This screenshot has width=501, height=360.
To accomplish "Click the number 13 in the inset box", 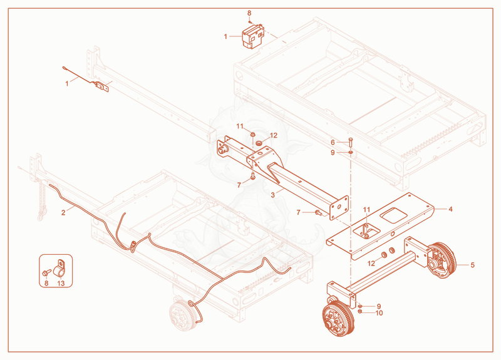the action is [61, 283].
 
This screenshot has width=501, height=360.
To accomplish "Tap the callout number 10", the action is [379, 312].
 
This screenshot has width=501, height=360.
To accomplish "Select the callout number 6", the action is [333, 142].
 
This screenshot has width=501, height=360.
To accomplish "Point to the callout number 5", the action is [473, 265].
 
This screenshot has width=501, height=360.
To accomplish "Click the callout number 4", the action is [450, 209].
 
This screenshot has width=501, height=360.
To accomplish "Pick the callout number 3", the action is [272, 195].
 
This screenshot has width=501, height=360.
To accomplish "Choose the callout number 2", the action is [63, 212].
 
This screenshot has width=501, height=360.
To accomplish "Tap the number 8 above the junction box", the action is [249, 13].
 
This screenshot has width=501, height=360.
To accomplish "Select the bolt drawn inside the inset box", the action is [46, 272].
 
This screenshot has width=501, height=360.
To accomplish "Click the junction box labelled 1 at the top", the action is [253, 36].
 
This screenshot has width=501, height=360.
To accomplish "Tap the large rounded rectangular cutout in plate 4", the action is [394, 215].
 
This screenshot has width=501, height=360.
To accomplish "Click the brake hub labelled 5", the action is [442, 260].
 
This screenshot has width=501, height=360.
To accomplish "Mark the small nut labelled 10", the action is [359, 311].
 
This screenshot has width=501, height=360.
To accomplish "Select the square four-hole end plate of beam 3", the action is [339, 208].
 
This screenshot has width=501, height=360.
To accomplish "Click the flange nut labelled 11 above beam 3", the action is [252, 135].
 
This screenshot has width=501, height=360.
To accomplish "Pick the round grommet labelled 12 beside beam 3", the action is [259, 141].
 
